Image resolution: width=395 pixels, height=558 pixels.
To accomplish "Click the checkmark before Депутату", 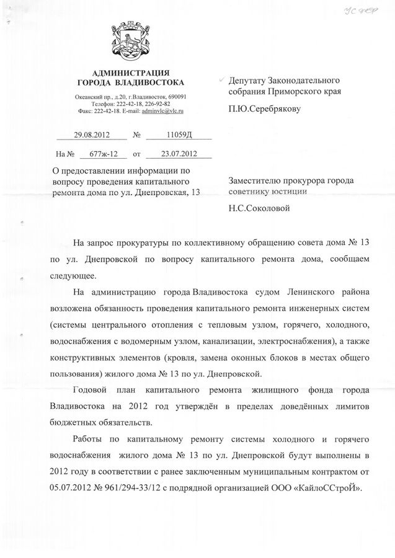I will point(223,81).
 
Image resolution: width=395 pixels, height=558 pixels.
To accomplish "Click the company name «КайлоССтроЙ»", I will point(333,488).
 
